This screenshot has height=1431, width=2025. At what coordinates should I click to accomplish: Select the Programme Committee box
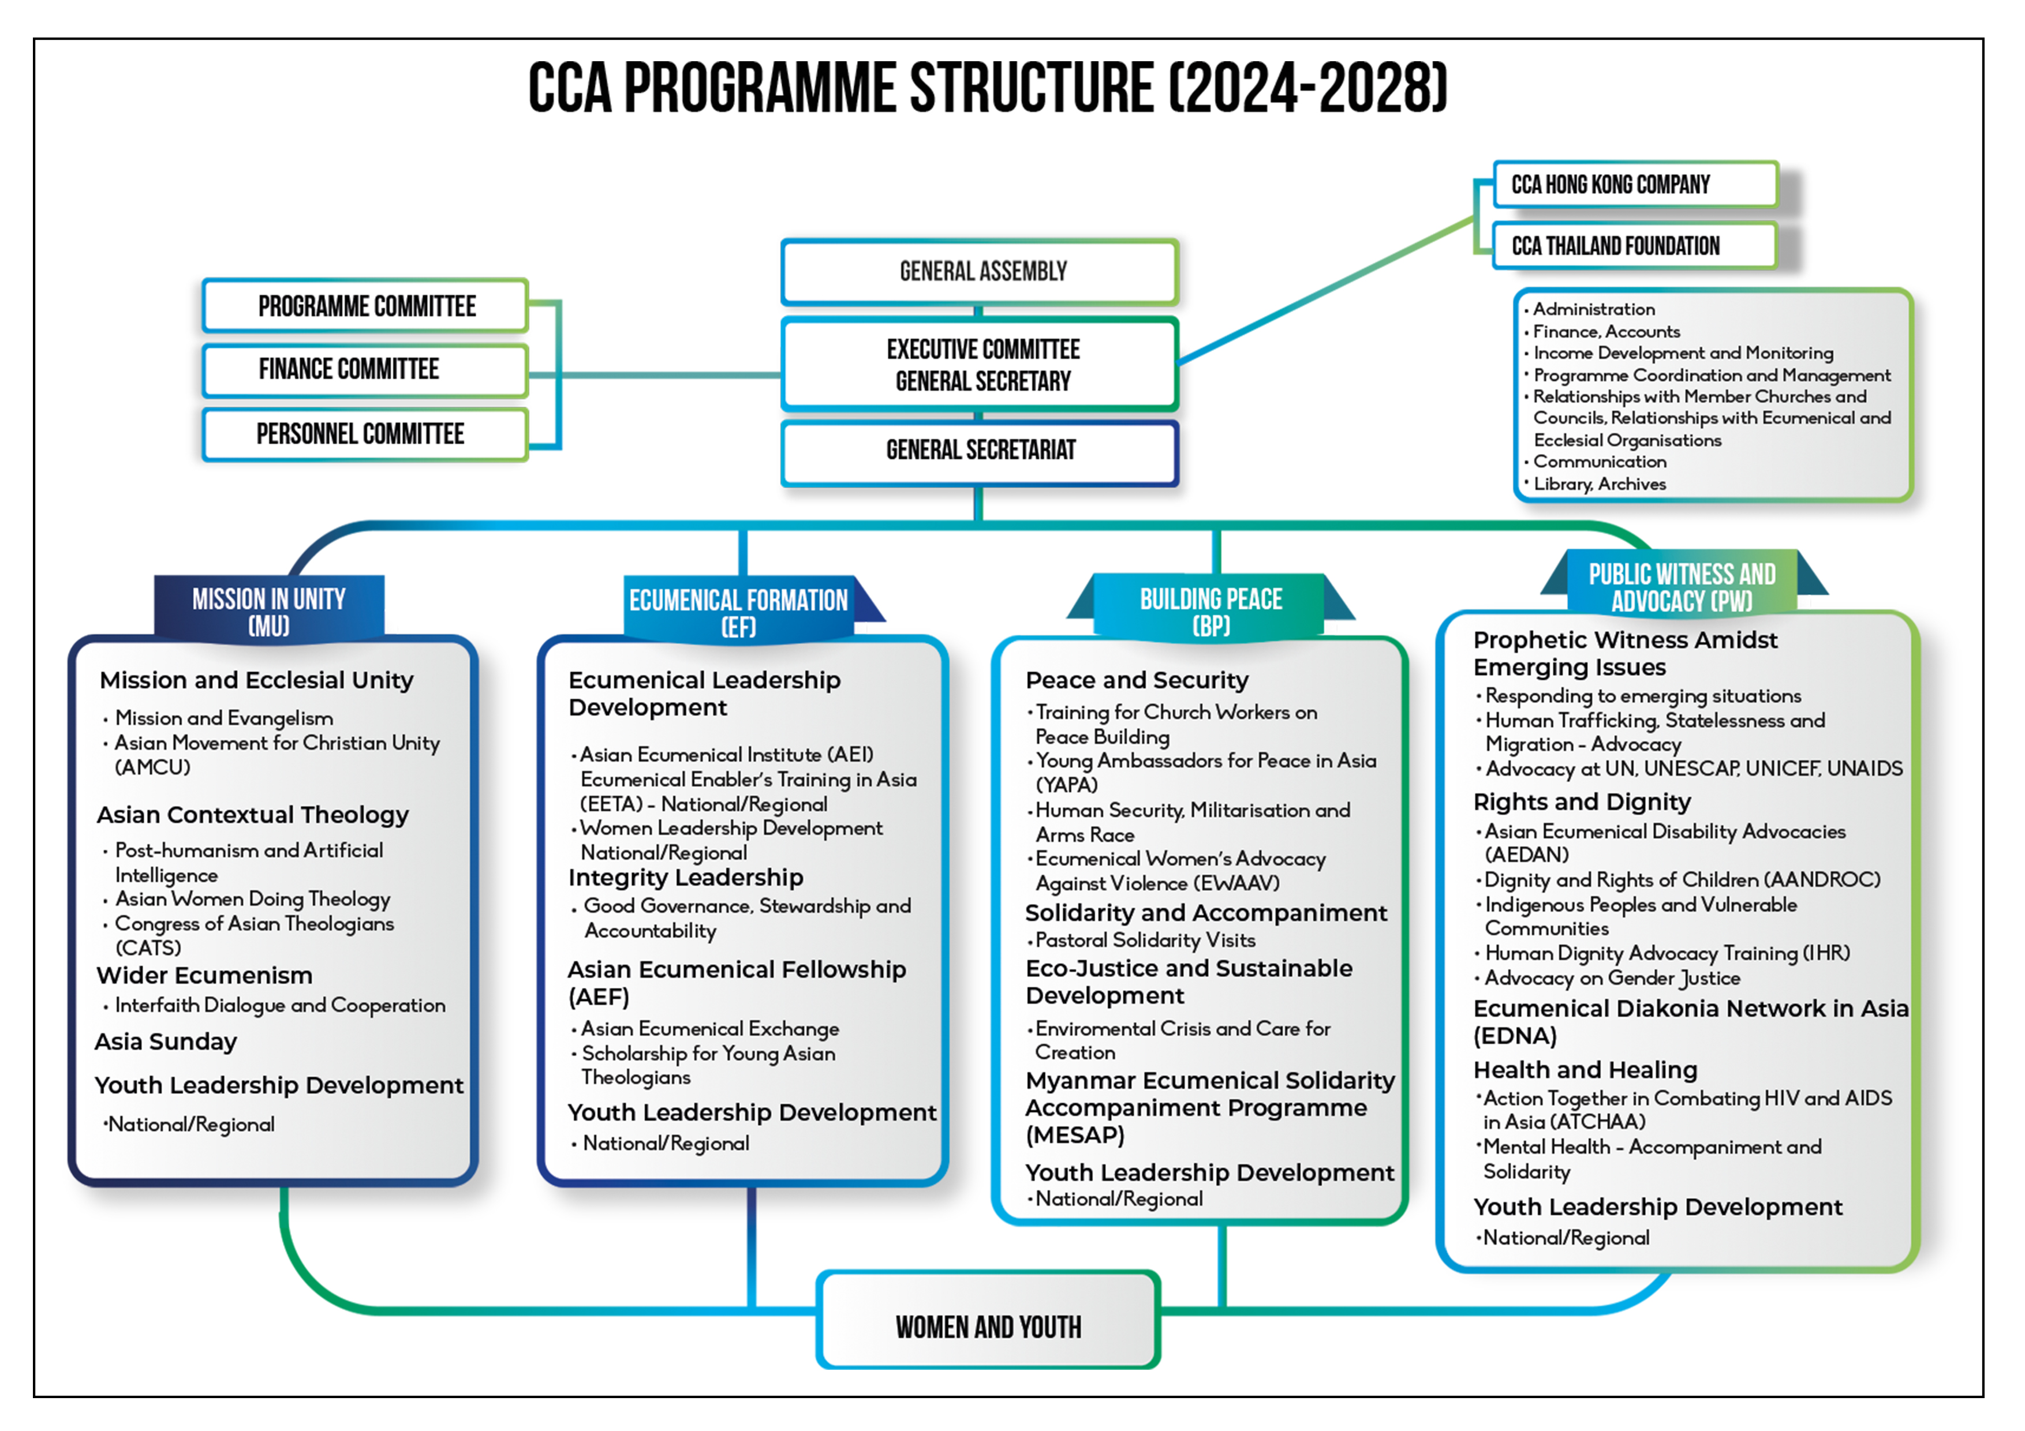366,306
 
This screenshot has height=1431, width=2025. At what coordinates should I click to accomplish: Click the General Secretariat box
980,451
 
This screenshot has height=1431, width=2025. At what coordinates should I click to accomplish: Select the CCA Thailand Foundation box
1634,246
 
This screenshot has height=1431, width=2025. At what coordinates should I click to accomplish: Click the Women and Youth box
988,1326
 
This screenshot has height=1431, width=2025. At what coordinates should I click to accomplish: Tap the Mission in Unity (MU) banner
269,611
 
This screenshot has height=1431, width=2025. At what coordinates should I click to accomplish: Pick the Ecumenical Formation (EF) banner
738,612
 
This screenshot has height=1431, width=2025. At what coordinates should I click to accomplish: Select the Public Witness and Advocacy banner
1681,587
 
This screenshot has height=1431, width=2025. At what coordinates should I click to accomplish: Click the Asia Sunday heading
166,1042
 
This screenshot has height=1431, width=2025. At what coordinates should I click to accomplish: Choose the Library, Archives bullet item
1599,484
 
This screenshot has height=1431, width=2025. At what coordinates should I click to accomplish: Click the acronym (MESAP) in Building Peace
1074,1136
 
